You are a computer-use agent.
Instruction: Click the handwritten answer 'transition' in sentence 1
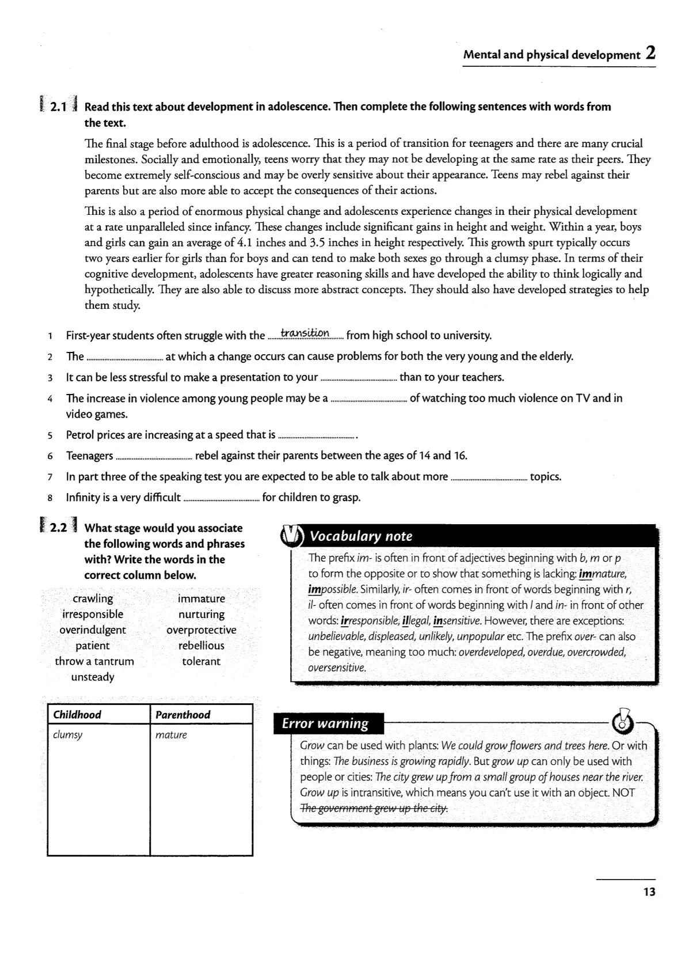[x=305, y=334]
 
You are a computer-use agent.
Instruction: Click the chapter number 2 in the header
[x=650, y=54]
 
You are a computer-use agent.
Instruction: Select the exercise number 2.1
[x=58, y=107]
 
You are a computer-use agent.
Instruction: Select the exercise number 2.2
[x=58, y=528]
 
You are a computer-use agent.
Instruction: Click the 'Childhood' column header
[x=77, y=715]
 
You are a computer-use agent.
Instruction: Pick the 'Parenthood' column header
[x=182, y=715]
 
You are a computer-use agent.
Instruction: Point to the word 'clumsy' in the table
[x=67, y=735]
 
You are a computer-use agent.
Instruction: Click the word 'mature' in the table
[x=171, y=735]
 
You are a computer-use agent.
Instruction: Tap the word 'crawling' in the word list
[x=93, y=598]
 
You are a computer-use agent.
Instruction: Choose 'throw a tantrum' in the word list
[x=94, y=661]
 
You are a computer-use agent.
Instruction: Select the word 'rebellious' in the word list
[x=201, y=646]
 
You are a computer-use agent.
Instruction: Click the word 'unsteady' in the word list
[x=93, y=677]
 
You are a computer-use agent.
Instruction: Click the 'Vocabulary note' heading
[x=361, y=536]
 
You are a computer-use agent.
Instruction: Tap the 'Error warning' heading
[x=325, y=723]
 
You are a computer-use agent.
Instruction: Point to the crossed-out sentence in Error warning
[x=374, y=808]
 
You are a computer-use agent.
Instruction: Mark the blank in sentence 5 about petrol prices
[x=316, y=436]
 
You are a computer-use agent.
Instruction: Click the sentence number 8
[x=51, y=498]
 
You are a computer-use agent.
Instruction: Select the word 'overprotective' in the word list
[x=201, y=630]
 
